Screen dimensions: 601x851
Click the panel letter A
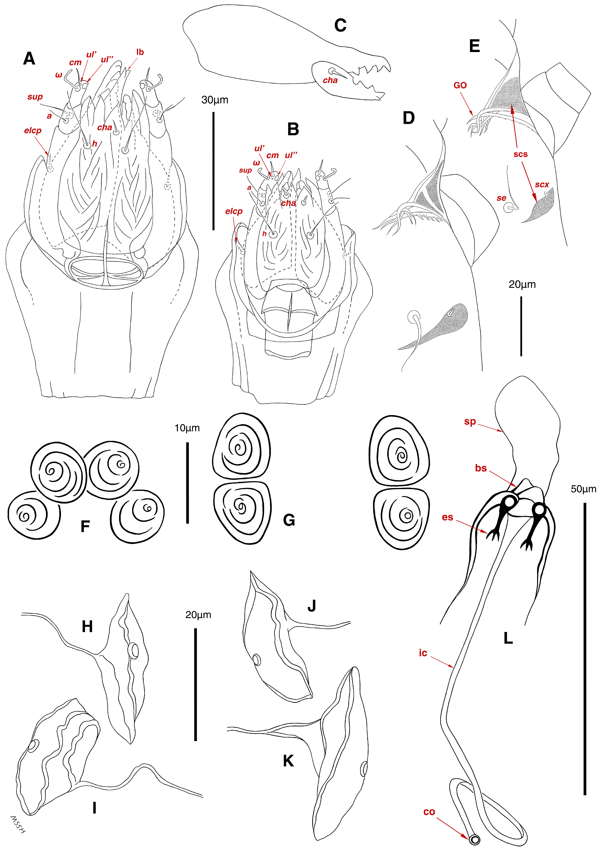29,59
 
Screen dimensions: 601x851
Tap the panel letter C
340,25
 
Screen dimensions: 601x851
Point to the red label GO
460,85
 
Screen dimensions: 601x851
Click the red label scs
521,154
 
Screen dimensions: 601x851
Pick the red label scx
542,185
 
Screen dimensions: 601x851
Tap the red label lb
140,52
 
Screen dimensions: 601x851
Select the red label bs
481,468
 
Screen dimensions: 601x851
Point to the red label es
447,517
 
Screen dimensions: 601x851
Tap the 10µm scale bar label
187,428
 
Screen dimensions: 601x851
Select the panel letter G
289,520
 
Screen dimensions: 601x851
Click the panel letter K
288,761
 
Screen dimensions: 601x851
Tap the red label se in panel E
501,198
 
